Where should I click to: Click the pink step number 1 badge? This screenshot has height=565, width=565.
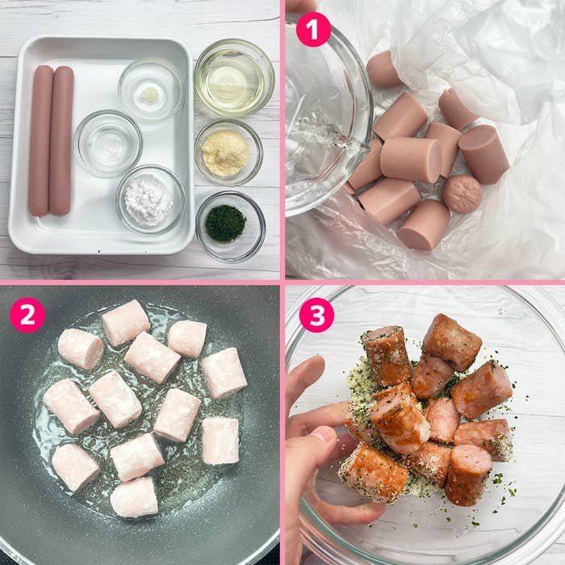pos(313,30)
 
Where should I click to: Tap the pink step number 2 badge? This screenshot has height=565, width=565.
pos(27,315)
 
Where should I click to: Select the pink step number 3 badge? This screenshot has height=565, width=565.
pos(316,315)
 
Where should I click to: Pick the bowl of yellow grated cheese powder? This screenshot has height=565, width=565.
pos(227,152)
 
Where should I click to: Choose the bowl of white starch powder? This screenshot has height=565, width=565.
pos(149,200)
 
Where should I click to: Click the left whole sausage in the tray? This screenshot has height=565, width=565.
pos(40,140)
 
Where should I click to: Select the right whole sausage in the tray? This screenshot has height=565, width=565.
pos(61,140)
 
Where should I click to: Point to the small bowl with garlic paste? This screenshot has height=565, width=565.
pos(150,90)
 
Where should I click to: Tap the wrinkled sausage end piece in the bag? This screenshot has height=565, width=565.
pos(462,195)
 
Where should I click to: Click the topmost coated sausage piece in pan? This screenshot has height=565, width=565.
pos(125,323)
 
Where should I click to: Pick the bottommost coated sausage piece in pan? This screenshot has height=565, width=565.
pos(133,497)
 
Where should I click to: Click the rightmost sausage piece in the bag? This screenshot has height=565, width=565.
pos(483,153)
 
